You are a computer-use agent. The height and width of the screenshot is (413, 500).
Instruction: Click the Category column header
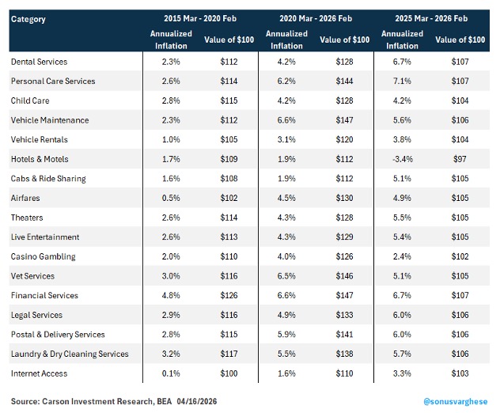point(28,20)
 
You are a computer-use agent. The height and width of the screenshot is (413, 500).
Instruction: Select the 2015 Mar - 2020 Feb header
point(200,18)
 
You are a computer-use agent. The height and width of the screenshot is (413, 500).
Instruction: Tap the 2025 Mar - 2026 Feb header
point(431,18)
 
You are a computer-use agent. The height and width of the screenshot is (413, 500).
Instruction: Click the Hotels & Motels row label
point(40,159)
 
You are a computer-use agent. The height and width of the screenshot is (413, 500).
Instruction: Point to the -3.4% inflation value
point(403,159)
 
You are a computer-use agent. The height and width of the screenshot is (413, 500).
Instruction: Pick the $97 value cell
point(460,159)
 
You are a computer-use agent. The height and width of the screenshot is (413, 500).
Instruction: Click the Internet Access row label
point(40,373)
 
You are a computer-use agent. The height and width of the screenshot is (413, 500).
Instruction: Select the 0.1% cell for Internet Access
point(171,373)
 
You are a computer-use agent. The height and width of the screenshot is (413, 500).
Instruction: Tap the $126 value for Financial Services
point(229,295)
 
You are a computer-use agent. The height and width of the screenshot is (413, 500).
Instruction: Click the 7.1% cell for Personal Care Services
point(402,81)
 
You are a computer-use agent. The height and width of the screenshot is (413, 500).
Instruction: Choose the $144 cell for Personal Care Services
point(344,81)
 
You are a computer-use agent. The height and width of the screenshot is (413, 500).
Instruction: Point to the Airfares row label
point(25,198)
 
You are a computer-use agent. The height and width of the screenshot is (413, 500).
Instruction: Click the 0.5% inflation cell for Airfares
point(171,198)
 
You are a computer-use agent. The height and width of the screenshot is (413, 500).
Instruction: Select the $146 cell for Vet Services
point(344,276)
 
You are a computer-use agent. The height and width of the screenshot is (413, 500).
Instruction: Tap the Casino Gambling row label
point(44,256)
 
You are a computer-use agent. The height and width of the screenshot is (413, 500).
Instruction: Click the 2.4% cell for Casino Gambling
point(402,256)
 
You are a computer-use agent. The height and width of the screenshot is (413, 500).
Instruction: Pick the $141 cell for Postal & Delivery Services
point(344,334)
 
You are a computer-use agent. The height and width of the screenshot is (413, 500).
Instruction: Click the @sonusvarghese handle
point(456,401)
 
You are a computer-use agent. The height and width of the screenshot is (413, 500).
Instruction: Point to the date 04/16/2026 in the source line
point(197,401)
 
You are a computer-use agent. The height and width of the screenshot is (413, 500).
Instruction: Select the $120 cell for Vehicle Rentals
point(344,140)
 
